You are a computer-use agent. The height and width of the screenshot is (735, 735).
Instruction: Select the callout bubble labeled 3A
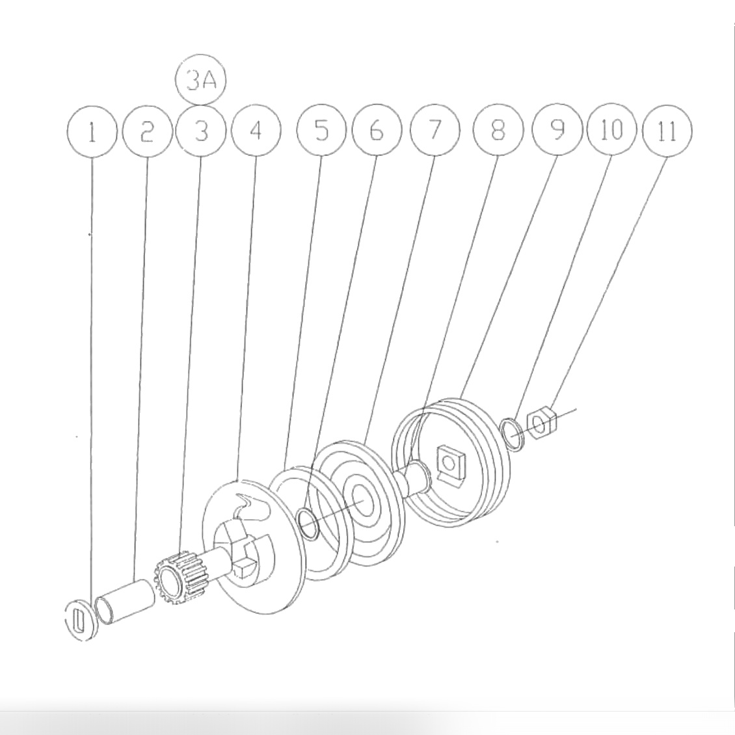[x=200, y=81]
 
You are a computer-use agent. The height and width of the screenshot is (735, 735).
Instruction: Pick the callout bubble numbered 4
[x=256, y=131]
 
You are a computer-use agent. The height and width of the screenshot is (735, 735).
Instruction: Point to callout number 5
[x=321, y=131]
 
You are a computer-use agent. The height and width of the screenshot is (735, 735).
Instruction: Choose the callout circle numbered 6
[x=377, y=131]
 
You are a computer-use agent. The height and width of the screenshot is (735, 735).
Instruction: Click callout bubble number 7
[x=434, y=131]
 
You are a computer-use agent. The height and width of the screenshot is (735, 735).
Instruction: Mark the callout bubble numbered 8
[x=498, y=131]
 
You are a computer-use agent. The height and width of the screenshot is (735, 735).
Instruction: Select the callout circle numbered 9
[x=557, y=131]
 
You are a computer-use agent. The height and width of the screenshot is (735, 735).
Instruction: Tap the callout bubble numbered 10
[x=611, y=131]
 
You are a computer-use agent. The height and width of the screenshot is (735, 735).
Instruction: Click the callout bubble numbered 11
[x=667, y=131]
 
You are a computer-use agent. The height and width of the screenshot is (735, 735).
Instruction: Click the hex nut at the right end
[x=541, y=423]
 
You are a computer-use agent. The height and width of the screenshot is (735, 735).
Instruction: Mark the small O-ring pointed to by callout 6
[x=307, y=524]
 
